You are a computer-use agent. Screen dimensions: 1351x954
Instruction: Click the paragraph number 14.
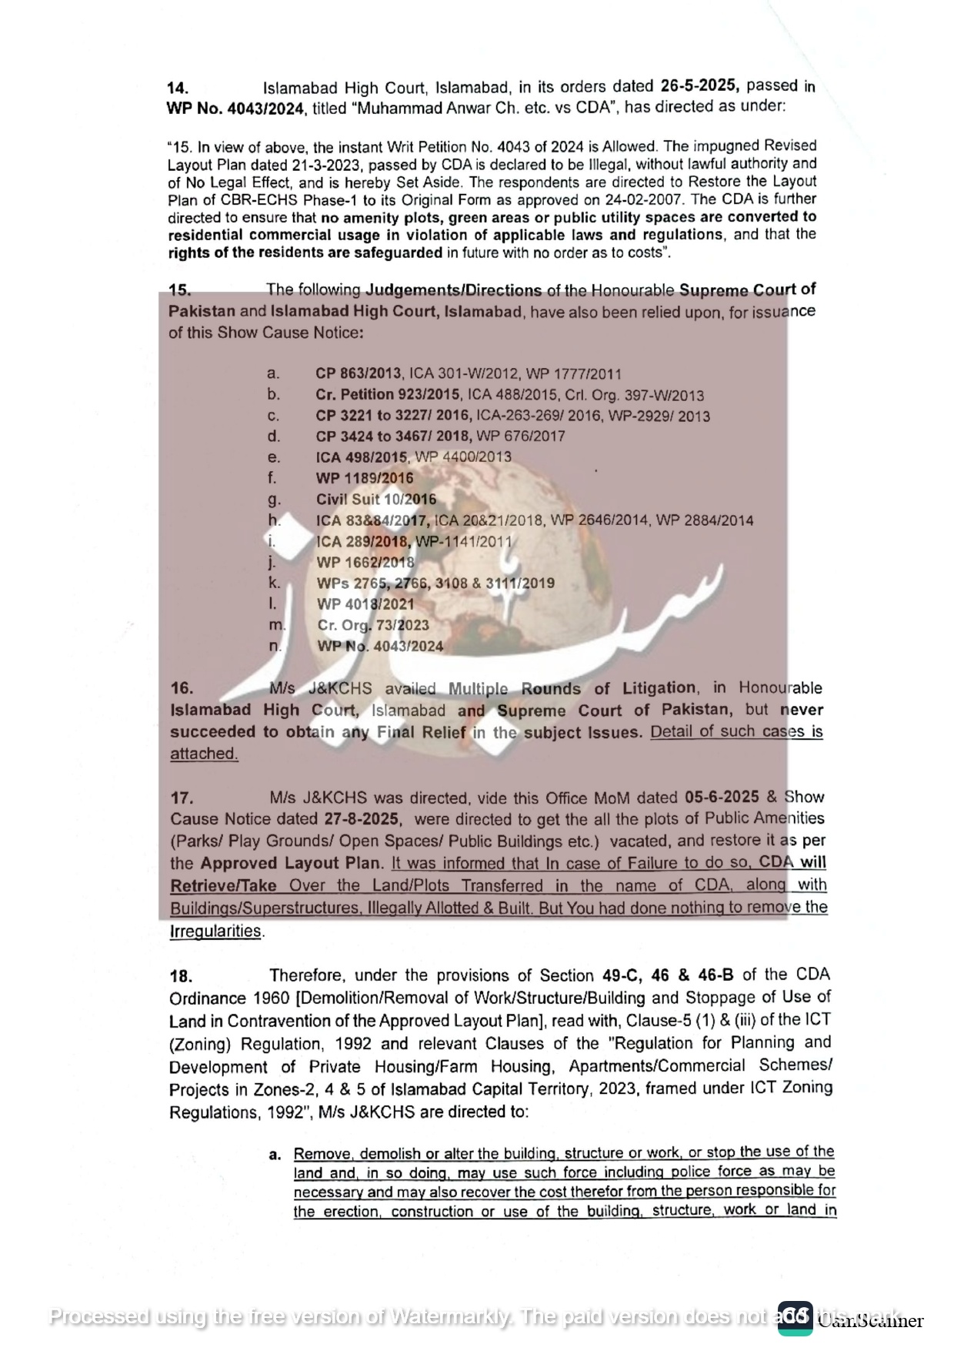pos(178,89)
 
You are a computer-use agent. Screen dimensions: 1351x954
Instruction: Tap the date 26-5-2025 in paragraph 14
pos(699,86)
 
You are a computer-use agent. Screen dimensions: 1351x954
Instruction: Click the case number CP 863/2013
pos(358,374)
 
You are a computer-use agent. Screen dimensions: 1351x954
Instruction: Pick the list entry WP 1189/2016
pos(365,478)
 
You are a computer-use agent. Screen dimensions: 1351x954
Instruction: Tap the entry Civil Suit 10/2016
pos(375,499)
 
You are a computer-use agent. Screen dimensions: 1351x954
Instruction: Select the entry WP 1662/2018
pos(365,563)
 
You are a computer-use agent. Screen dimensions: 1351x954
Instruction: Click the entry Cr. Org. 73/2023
pos(373,625)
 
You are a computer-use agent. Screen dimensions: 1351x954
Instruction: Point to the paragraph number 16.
pos(182,688)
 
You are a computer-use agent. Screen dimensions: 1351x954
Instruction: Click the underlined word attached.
pos(204,754)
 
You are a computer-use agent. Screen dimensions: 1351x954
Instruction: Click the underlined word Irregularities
pos(215,931)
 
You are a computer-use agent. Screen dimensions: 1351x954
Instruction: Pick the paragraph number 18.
pos(181,977)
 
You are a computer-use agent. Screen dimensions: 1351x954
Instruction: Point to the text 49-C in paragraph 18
pos(622,975)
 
